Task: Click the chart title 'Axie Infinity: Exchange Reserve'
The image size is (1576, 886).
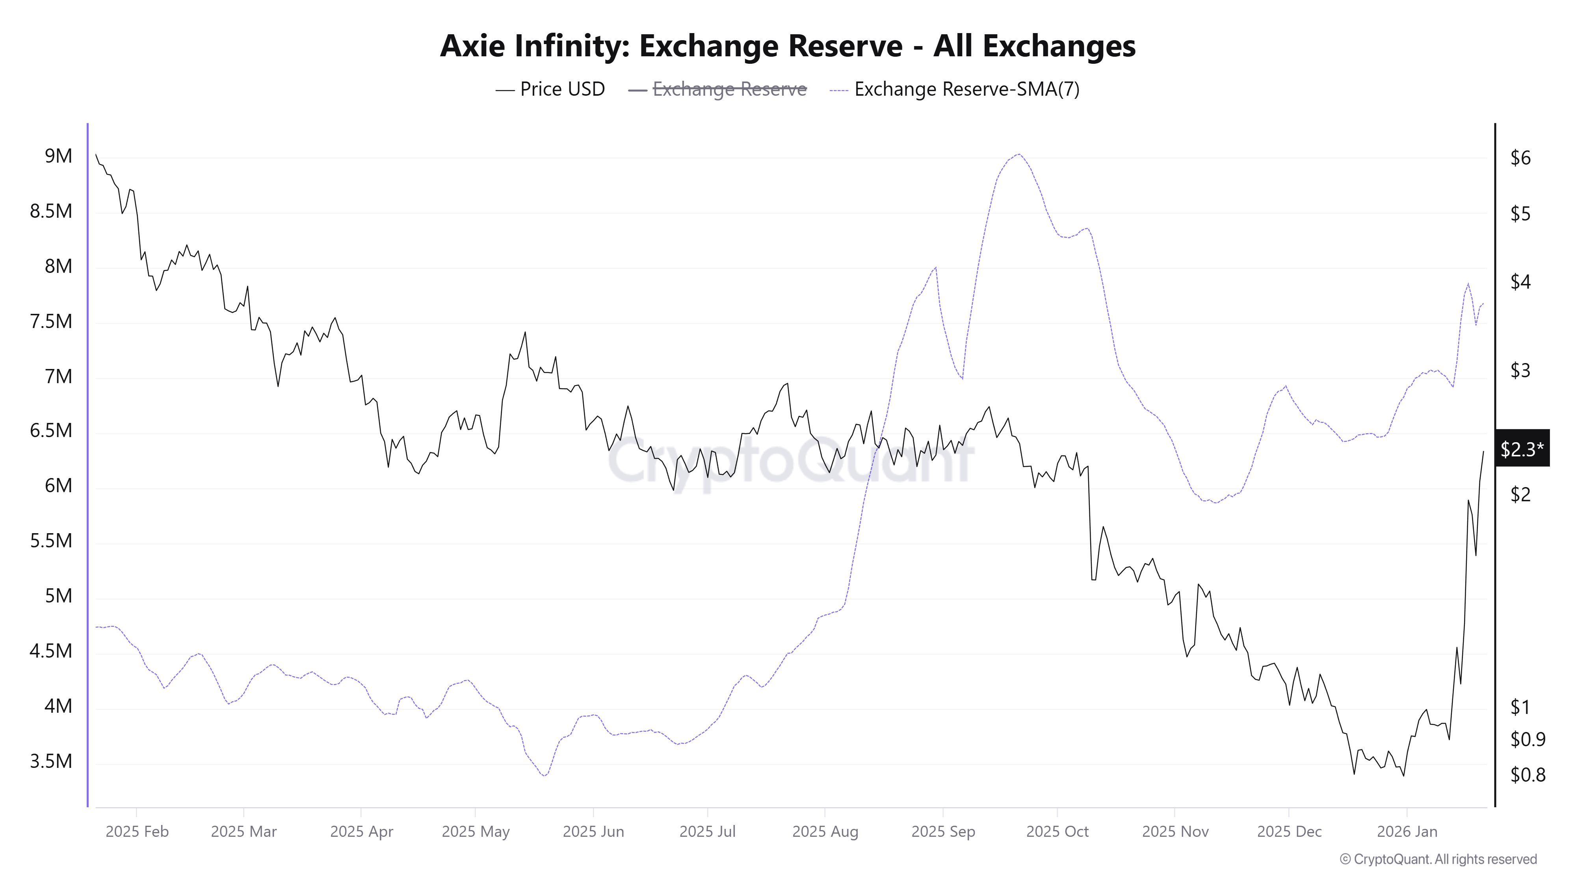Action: pyautogui.click(x=787, y=46)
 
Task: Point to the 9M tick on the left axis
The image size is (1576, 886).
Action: pyautogui.click(x=58, y=157)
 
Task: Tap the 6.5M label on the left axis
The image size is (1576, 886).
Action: pyautogui.click(x=51, y=431)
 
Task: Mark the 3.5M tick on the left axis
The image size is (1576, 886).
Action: pyautogui.click(x=51, y=761)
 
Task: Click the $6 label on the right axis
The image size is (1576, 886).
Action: pyautogui.click(x=1520, y=158)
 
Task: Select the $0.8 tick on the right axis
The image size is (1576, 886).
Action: pyautogui.click(x=1528, y=775)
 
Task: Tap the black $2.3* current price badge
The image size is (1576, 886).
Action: pyautogui.click(x=1522, y=449)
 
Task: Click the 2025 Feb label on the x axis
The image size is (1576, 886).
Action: pyautogui.click(x=137, y=832)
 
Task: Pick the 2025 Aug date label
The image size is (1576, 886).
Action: pyautogui.click(x=825, y=832)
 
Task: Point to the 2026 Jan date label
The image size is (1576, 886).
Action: pyautogui.click(x=1407, y=832)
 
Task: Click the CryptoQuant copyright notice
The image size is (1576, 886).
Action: pyautogui.click(x=1438, y=859)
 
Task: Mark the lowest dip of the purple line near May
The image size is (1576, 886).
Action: pyautogui.click(x=544, y=776)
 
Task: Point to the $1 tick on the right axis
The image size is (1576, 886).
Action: pyautogui.click(x=1520, y=708)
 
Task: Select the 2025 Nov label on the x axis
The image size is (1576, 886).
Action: pyautogui.click(x=1175, y=832)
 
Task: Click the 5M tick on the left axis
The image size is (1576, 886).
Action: pyautogui.click(x=58, y=596)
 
